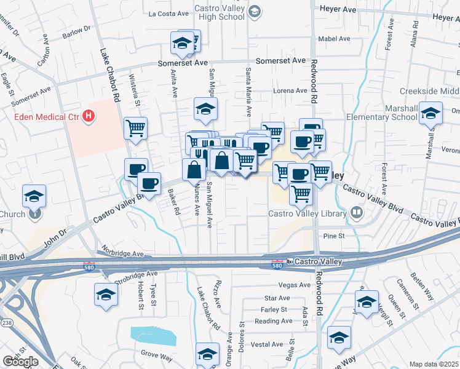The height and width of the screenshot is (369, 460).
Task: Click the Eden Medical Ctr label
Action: (47, 116)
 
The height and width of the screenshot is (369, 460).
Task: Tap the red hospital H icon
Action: (90, 115)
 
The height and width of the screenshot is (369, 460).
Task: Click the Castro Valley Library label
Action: (307, 214)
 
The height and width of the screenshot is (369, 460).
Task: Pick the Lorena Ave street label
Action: (290, 91)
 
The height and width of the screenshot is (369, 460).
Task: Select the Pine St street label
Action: (333, 236)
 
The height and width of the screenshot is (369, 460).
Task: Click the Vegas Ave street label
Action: (295, 285)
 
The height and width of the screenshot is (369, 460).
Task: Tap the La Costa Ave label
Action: (169, 13)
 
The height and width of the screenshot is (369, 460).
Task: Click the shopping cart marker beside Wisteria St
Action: (135, 129)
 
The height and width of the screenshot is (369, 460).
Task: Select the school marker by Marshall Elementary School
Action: (431, 114)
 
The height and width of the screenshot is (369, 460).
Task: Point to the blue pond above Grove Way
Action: (153, 336)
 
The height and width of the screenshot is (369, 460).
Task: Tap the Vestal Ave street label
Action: (267, 344)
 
